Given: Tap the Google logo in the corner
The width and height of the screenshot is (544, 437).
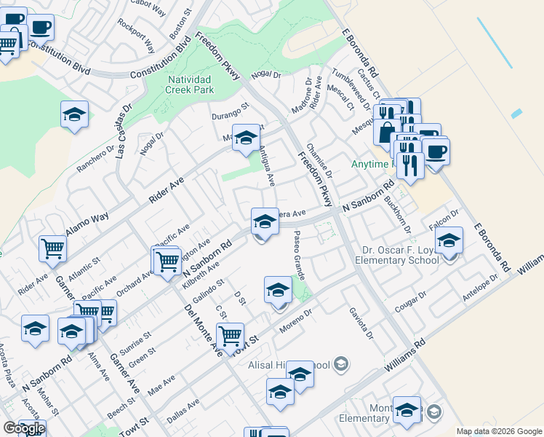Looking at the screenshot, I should click(x=23, y=428).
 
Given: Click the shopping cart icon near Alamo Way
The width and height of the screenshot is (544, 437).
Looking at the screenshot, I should click(x=53, y=248).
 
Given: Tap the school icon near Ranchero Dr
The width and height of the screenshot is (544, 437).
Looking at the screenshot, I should click(x=74, y=115).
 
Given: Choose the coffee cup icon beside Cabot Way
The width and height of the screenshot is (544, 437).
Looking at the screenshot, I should click(x=41, y=28).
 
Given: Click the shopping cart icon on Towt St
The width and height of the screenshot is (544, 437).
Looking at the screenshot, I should click(x=230, y=335).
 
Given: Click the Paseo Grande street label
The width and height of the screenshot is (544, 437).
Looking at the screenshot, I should click(x=298, y=256).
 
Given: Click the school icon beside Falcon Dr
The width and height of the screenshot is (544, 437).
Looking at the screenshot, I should click(x=449, y=241).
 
